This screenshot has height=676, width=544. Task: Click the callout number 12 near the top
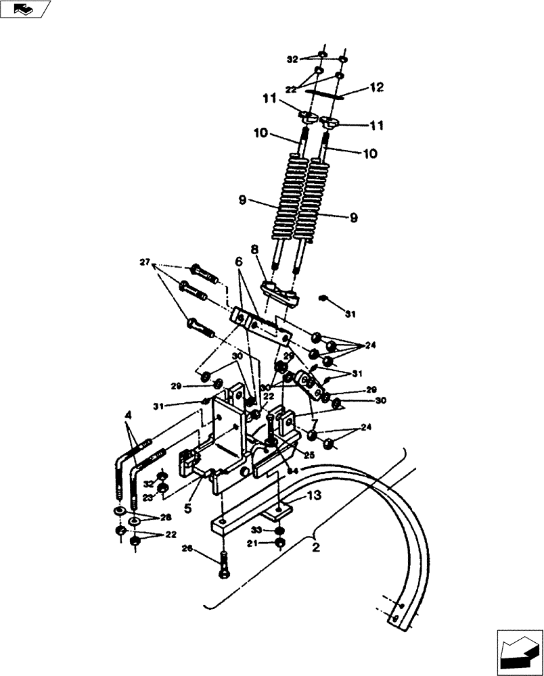pyautogui.click(x=376, y=87)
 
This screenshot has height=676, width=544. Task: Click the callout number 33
pyautogui.click(x=257, y=530)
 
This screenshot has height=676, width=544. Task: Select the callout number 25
pyautogui.click(x=309, y=456)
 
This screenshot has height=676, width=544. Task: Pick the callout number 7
pyautogui.click(x=313, y=424)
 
